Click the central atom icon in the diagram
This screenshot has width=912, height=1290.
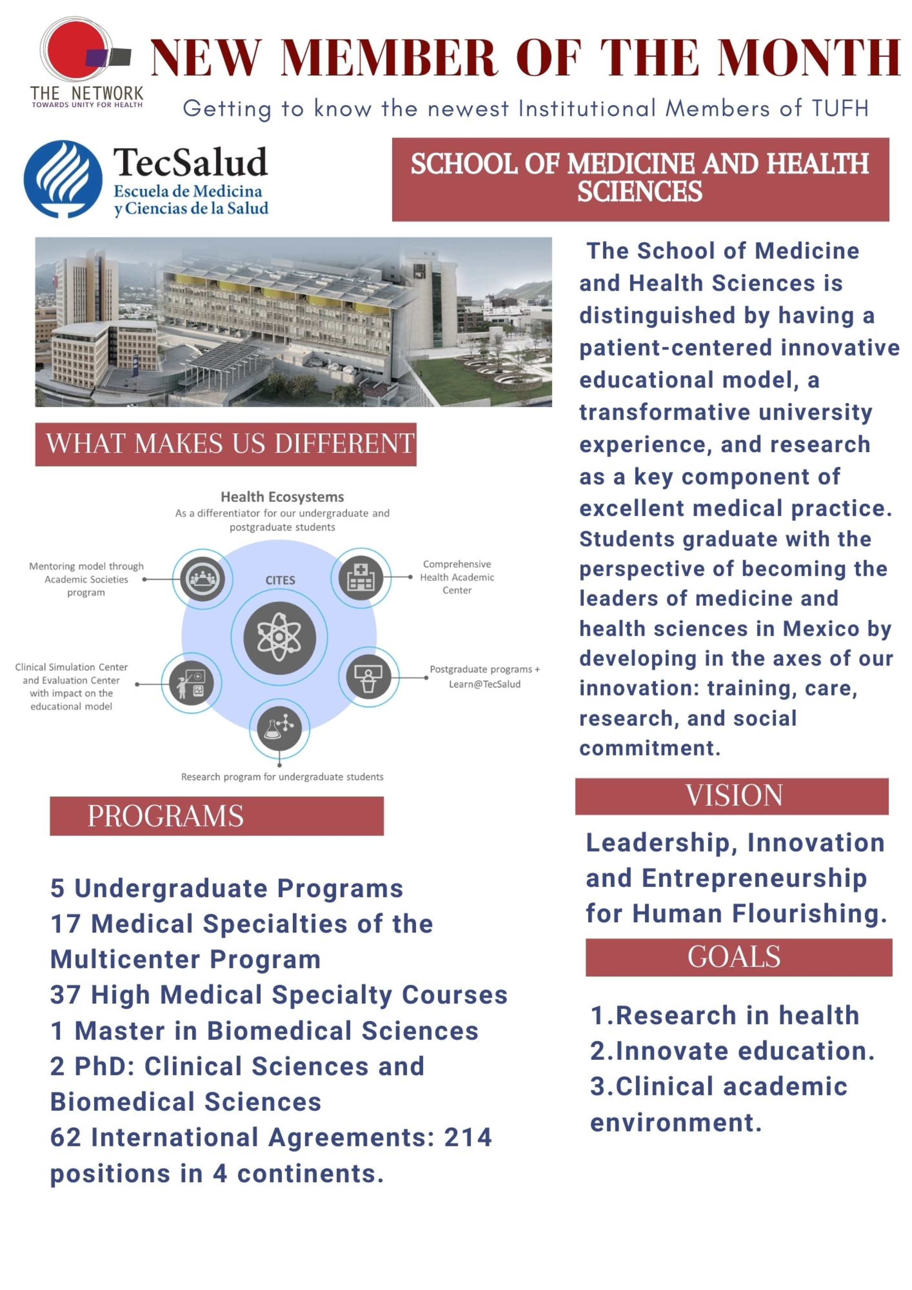(x=279, y=638)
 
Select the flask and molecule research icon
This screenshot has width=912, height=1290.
(x=279, y=727)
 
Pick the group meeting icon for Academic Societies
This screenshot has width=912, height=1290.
(x=202, y=579)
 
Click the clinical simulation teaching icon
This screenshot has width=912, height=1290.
(x=191, y=683)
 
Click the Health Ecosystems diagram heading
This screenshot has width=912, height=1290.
(x=282, y=497)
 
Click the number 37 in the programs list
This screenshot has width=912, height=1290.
(x=65, y=995)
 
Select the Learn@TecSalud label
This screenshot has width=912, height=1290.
(x=484, y=684)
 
